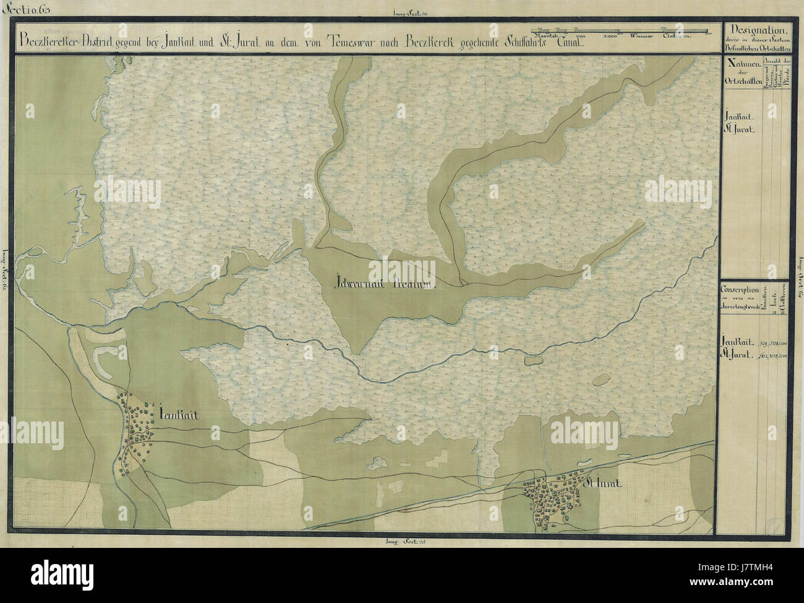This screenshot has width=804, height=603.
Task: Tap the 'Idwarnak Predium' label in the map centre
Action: pos(384,284)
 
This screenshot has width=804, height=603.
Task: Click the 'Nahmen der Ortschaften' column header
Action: pos(740,77)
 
